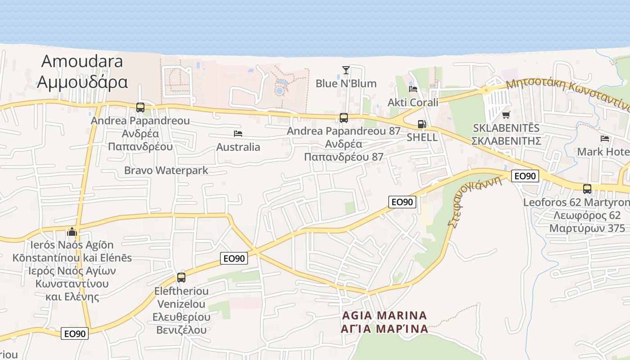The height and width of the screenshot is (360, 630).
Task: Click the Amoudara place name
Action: click(x=82, y=61)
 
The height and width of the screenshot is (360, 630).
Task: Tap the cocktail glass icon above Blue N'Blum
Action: click(x=346, y=70)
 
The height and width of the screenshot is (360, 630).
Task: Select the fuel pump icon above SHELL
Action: click(x=422, y=124)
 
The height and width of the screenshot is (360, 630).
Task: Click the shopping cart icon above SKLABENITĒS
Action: click(x=506, y=115)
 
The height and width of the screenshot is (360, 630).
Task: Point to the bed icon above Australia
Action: click(x=238, y=134)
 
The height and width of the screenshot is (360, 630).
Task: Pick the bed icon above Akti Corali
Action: click(x=413, y=89)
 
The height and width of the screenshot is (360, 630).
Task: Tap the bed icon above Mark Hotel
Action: click(x=605, y=139)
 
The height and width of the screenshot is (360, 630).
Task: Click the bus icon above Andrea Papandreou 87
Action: click(x=344, y=118)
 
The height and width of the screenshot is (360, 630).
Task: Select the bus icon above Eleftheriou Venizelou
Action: click(x=181, y=278)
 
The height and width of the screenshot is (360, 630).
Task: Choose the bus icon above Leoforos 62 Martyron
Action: click(x=587, y=189)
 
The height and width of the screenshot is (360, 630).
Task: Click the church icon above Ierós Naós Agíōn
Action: click(x=72, y=232)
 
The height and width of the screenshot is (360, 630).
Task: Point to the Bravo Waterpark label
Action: click(x=166, y=171)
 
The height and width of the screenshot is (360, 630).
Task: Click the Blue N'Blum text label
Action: click(x=346, y=84)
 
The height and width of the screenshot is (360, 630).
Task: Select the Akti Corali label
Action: click(x=413, y=103)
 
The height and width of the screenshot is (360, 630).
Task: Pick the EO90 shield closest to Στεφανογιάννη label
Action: click(x=525, y=176)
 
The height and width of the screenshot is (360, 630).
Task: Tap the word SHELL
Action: click(x=422, y=137)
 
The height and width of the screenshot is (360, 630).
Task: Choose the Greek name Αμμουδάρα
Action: click(x=82, y=82)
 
